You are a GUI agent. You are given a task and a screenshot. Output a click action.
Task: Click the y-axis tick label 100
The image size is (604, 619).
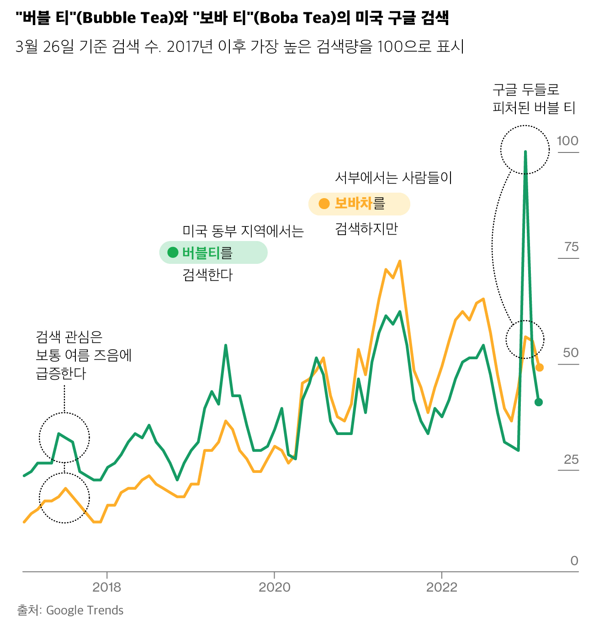(567, 141)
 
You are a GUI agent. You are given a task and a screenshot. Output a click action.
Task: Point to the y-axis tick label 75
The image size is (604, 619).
(571, 247)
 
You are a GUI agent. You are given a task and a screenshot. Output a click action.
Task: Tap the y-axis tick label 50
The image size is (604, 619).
(571, 353)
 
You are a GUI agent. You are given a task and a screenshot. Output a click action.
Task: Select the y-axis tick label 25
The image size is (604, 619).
(571, 459)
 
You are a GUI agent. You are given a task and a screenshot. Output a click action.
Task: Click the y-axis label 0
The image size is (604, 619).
(574, 561)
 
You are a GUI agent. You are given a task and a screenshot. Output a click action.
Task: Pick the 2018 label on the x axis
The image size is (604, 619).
(106, 587)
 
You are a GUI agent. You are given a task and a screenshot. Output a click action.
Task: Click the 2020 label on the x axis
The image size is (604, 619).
(274, 587)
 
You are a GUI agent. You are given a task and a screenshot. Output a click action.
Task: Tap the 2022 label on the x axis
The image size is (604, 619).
(441, 587)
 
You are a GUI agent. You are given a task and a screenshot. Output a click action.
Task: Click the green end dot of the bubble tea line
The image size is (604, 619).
(539, 402)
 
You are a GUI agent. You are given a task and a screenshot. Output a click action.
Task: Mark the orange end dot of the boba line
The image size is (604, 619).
(539, 367)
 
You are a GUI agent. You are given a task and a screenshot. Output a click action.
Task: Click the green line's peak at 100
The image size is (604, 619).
(525, 152)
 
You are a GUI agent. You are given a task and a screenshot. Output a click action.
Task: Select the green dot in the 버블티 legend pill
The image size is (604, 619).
(173, 252)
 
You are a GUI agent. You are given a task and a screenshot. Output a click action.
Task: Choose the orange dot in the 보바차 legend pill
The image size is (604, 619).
(324, 204)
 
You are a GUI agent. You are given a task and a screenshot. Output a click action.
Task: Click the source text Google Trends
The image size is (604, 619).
(85, 610)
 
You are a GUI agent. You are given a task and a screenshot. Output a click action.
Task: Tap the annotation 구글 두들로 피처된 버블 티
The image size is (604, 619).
(533, 99)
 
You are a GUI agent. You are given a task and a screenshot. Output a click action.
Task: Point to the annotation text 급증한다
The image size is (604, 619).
(61, 373)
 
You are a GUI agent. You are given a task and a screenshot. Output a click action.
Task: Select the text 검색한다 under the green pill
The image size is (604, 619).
(207, 275)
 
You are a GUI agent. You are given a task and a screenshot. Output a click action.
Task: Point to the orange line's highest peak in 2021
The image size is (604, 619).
(400, 262)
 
